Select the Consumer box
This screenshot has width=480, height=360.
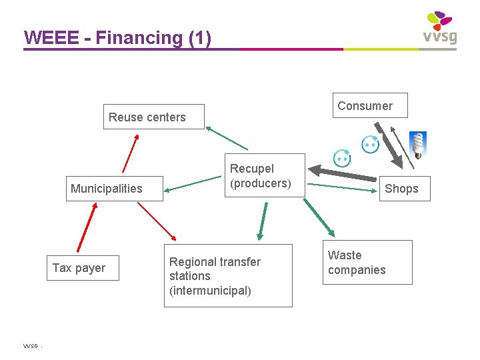(x=369, y=105)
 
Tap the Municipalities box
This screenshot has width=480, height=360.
(x=107, y=189)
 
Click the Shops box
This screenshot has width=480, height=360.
(x=401, y=189)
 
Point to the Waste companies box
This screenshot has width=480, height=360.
(x=367, y=262)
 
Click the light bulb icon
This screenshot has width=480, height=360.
(x=418, y=145)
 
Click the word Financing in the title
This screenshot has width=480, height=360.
(x=139, y=38)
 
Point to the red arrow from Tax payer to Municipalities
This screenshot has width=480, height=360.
(x=87, y=228)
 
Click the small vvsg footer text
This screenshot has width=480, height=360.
(x=31, y=347)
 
